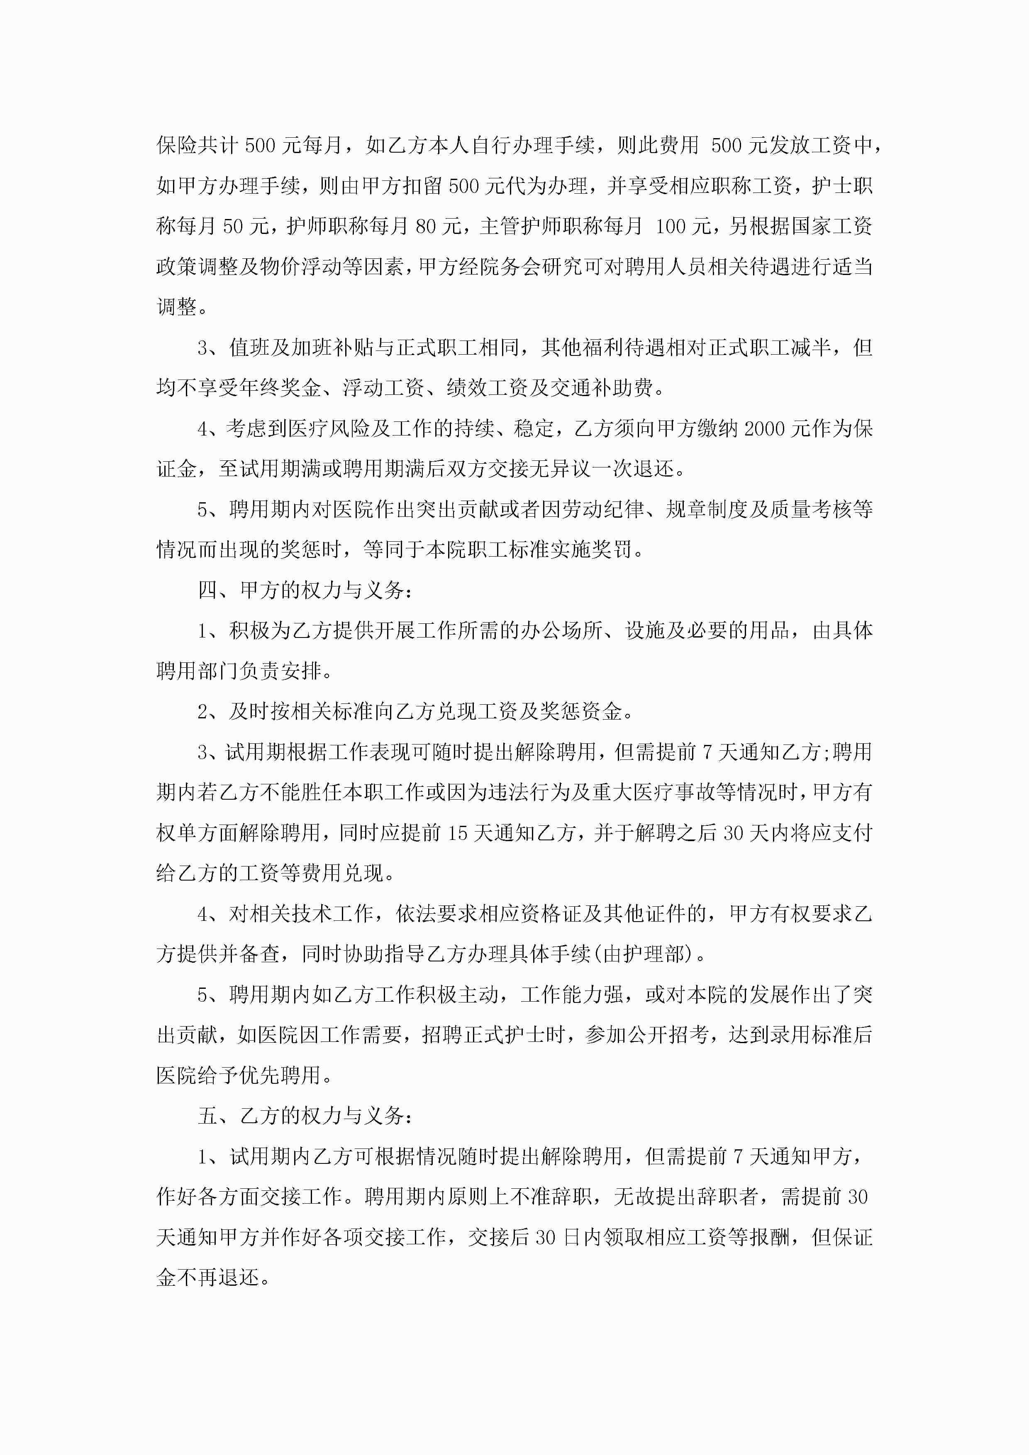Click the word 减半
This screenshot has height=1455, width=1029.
tap(810, 347)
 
